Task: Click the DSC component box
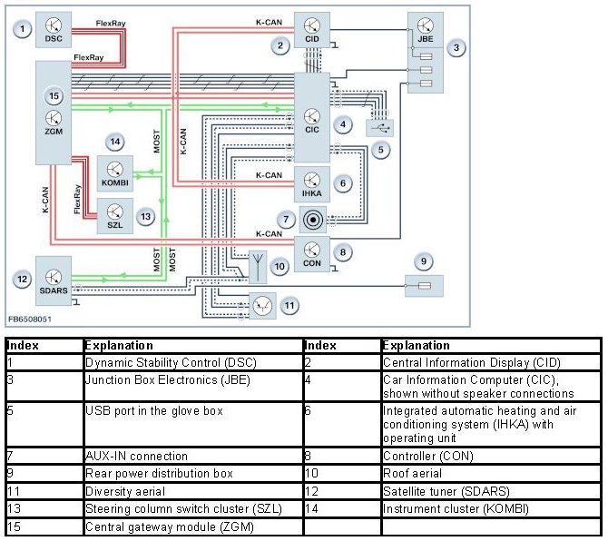pos(54,31)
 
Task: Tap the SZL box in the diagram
pos(114,216)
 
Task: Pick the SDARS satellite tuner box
pos(53,280)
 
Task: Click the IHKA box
pos(311,184)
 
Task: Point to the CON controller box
pos(311,251)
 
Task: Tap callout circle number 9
pos(423,262)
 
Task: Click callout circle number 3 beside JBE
pos(458,46)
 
